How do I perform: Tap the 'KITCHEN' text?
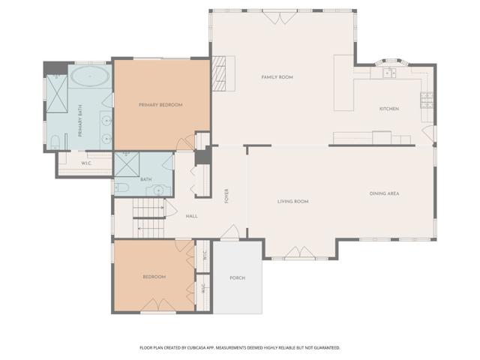click(x=388, y=109)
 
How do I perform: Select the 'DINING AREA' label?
click(x=384, y=194)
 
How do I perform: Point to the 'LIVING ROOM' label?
click(x=293, y=202)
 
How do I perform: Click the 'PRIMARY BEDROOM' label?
click(x=160, y=105)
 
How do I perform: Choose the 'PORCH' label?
click(x=237, y=278)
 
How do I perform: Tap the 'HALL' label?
click(x=191, y=217)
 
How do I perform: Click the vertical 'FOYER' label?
click(x=226, y=196)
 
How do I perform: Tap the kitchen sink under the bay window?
click(x=388, y=73)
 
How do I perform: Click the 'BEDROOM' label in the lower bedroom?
click(x=154, y=277)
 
